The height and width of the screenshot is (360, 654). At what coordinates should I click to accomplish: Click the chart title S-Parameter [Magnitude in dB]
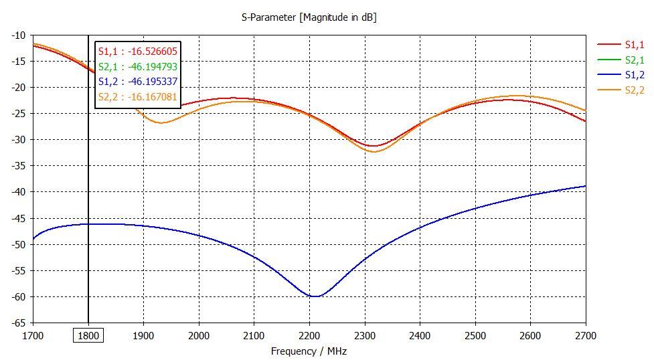tap(309, 17)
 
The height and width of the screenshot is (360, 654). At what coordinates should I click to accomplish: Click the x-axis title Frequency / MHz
tap(309, 351)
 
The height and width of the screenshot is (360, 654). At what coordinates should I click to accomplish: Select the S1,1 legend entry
tap(633, 45)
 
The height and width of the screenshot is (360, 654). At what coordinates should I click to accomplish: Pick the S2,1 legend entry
tap(633, 60)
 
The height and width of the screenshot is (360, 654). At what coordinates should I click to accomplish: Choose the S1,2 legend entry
tap(633, 75)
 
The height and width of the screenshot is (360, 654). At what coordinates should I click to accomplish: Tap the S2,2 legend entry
tap(633, 90)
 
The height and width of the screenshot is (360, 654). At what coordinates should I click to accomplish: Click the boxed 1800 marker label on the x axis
tap(88, 335)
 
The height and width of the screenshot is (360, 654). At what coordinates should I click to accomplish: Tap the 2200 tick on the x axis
tap(309, 335)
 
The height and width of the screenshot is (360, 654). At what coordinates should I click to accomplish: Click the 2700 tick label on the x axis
tap(585, 335)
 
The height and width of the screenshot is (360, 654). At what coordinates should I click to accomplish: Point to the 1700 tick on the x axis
tap(33, 335)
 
